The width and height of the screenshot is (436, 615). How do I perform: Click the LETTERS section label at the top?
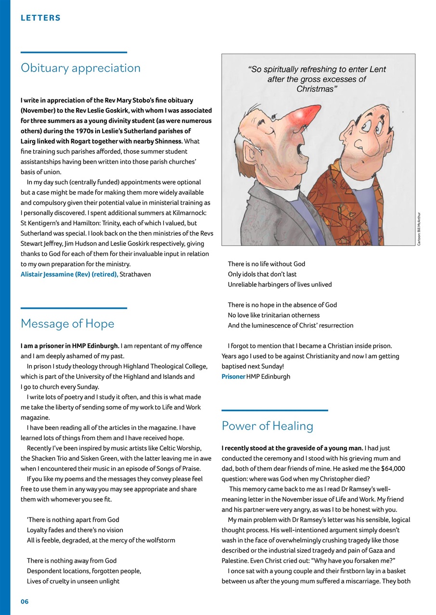[40, 18]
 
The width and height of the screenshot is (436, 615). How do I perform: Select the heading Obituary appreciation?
[80, 68]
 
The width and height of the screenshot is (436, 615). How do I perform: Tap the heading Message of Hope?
[67, 324]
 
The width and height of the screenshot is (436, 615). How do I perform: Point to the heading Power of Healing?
[267, 426]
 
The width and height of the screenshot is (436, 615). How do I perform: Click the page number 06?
[25, 602]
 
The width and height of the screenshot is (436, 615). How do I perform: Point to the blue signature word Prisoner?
[233, 377]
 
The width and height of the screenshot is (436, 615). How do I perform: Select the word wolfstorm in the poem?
[160, 540]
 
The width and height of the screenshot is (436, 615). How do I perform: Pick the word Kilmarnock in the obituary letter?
[187, 213]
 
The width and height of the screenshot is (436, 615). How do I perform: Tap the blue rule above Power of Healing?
[274, 410]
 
